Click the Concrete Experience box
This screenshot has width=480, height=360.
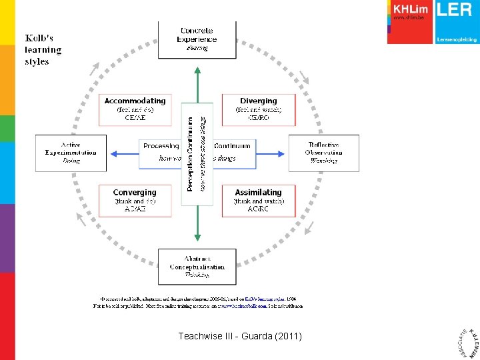click(197, 39)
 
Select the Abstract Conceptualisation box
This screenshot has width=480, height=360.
click(197, 266)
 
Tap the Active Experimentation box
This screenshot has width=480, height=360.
click(71, 153)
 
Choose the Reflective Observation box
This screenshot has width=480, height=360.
click(323, 153)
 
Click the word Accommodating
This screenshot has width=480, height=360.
click(135, 101)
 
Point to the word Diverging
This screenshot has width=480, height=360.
click(259, 101)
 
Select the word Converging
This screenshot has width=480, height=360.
click(135, 192)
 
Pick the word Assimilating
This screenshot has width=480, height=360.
click(258, 192)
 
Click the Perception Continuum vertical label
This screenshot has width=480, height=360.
click(191, 154)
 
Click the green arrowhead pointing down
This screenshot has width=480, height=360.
click(197, 235)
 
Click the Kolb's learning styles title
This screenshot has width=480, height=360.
click(43, 50)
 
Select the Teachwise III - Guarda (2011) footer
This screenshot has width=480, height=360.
click(240, 337)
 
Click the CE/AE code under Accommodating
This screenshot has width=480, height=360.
click(135, 117)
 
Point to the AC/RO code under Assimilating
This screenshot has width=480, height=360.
click(258, 209)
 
